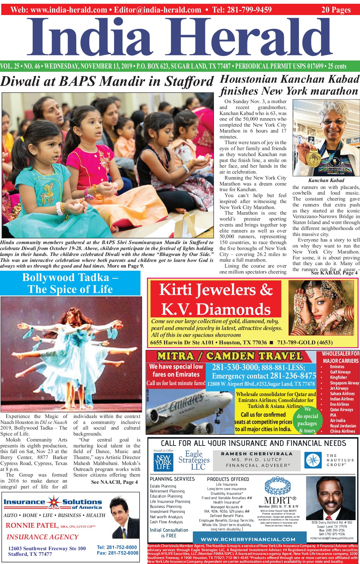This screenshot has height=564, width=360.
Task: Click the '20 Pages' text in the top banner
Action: (336, 10)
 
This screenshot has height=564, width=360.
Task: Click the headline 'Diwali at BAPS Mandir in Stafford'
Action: (107, 81)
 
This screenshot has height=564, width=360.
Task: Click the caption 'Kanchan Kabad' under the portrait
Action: (326, 180)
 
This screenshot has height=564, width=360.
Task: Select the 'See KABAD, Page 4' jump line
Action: (334, 273)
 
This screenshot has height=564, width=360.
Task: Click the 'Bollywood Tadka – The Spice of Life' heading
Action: (70, 283)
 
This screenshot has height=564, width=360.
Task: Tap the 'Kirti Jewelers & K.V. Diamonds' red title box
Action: (216, 299)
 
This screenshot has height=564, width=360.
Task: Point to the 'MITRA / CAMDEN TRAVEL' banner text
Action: (230, 356)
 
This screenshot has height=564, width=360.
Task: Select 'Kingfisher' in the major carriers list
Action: (338, 378)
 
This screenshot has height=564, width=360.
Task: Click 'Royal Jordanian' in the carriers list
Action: (343, 426)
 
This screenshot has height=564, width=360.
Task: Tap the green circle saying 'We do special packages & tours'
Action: (307, 420)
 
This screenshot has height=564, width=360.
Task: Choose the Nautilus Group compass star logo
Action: (313, 460)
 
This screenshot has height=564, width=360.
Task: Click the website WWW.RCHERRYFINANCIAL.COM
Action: (248, 539)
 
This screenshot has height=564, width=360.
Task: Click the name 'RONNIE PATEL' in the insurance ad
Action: (32, 525)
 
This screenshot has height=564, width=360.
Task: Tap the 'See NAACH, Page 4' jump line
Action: (114, 482)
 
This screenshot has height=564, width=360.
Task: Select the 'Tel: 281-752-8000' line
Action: (117, 547)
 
